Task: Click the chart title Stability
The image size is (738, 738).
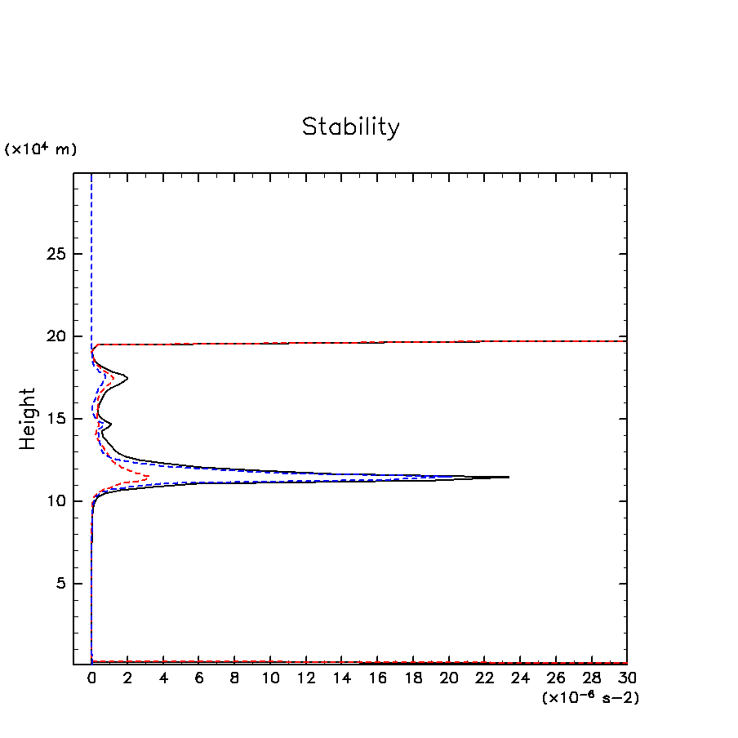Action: tap(351, 127)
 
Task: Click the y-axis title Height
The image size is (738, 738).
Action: tap(29, 419)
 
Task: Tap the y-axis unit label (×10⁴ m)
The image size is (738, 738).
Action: tap(41, 149)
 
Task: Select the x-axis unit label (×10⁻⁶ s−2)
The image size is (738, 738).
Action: tap(590, 698)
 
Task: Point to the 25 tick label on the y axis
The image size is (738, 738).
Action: tap(56, 254)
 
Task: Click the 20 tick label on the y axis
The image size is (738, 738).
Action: tap(56, 336)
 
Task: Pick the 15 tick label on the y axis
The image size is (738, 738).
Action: tap(56, 419)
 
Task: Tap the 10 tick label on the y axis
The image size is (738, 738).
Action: tap(56, 501)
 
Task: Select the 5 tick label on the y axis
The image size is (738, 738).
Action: tap(60, 584)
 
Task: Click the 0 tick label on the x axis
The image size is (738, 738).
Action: tap(91, 678)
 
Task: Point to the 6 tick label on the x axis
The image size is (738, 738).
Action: tap(198, 678)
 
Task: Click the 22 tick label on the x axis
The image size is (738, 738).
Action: tap(484, 678)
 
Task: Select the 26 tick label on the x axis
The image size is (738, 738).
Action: tap(556, 678)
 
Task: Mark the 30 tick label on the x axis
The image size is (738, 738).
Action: tap(627, 678)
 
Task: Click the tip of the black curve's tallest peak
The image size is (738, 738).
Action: tap(509, 477)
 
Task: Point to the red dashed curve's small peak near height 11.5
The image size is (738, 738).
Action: tap(148, 476)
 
